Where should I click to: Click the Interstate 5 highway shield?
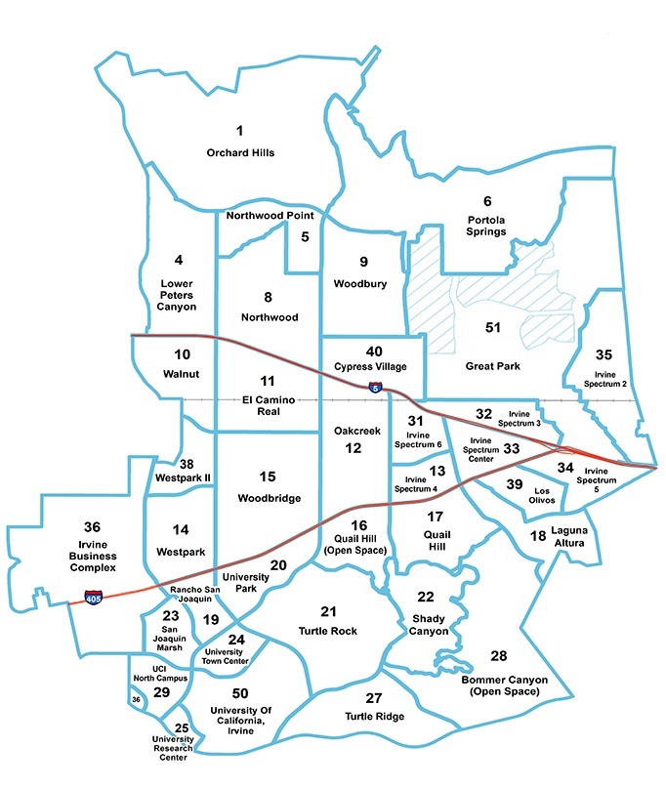375,388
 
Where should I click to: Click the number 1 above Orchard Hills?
239,130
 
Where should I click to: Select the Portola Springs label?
486,226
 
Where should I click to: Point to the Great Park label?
491,367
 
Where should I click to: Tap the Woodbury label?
362,284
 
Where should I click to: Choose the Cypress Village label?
373,367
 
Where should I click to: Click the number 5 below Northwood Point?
304,236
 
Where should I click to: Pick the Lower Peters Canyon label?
178,294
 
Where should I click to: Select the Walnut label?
182,373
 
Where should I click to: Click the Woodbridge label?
269,498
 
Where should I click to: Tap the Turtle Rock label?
328,631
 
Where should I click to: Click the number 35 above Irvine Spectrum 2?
604,355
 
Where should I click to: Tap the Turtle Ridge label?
374,716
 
